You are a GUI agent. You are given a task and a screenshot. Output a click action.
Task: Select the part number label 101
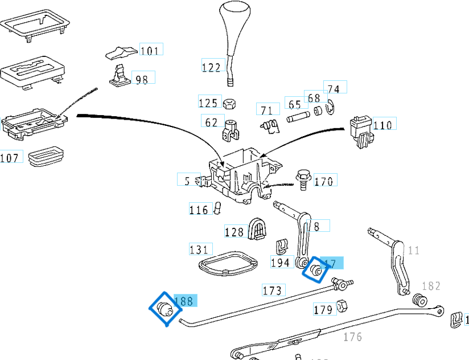[x=149, y=51]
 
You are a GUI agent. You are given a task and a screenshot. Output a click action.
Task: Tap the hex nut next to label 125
[x=231, y=104]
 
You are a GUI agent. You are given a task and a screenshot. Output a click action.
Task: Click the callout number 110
[x=382, y=125]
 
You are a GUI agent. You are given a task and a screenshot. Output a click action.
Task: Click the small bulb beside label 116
[x=217, y=210]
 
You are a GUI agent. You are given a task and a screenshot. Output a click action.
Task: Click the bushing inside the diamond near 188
[x=164, y=308]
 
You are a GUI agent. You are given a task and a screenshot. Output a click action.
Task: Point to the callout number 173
[x=272, y=291]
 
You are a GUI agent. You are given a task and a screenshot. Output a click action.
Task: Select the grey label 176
[x=352, y=337]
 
